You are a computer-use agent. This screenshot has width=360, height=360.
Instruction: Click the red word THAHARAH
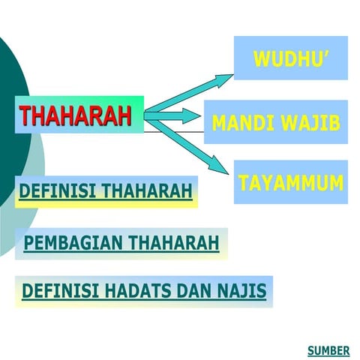75,116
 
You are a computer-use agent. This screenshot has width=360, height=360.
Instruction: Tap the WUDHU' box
291,58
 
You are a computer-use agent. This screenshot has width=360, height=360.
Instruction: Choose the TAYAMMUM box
291,182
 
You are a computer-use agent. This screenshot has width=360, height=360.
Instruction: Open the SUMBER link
328,350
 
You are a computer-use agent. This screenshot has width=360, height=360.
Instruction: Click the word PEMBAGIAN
73,244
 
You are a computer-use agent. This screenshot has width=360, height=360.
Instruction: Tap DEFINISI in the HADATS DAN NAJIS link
56,291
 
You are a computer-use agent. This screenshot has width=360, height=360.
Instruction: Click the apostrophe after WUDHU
327,55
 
